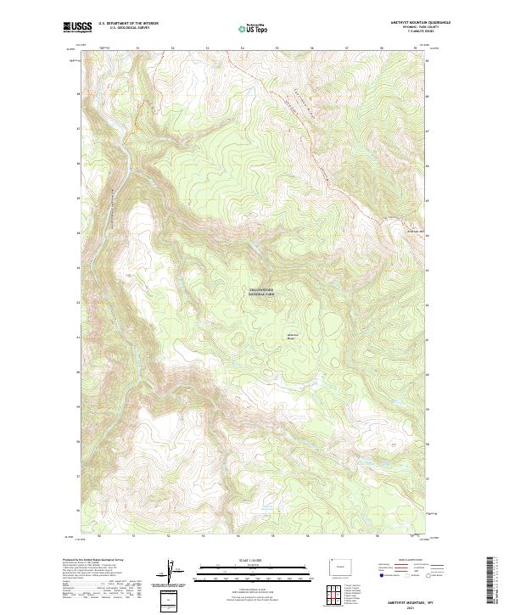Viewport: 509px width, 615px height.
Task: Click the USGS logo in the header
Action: (77, 28)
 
